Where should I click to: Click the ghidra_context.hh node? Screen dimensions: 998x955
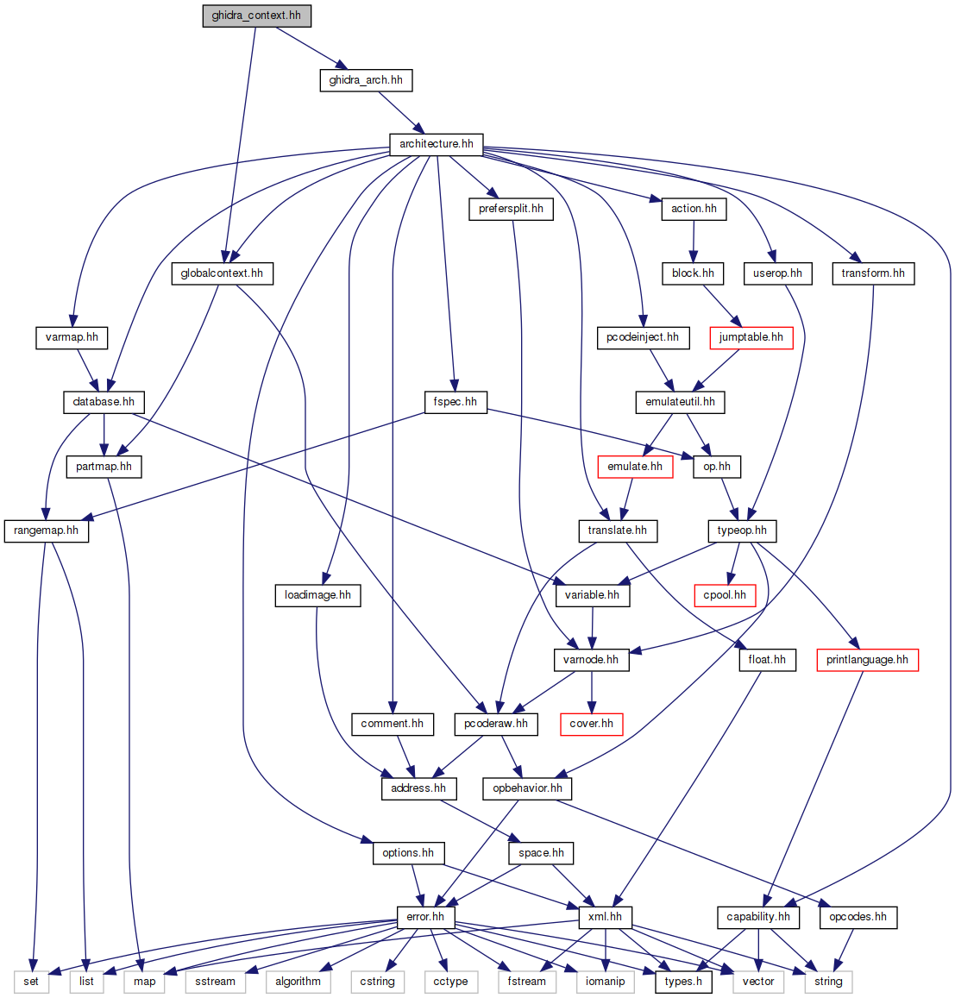click(256, 16)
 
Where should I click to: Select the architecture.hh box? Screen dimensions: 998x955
click(436, 144)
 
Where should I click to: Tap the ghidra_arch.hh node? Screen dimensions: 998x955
click(366, 80)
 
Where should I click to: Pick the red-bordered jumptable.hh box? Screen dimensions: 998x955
click(751, 337)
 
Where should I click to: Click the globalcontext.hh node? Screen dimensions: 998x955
click(222, 273)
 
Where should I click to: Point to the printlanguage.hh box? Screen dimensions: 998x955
click(866, 660)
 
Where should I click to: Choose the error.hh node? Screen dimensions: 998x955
click(425, 917)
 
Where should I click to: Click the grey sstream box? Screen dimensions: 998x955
click(215, 982)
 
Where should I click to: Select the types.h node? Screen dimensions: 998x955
click(683, 982)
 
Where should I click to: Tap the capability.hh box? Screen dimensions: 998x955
click(757, 917)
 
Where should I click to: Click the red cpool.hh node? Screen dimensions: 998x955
click(725, 595)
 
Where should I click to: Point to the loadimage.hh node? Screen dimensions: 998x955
click(317, 595)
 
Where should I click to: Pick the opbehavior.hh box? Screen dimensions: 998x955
click(527, 788)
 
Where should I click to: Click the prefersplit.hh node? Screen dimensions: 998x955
click(511, 209)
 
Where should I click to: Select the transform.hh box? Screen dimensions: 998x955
click(873, 273)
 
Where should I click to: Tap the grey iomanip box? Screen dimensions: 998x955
click(605, 982)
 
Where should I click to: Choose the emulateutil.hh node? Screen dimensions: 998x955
click(680, 402)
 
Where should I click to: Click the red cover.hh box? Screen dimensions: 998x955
click(591, 724)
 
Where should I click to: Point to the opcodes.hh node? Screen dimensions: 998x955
click(858, 917)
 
